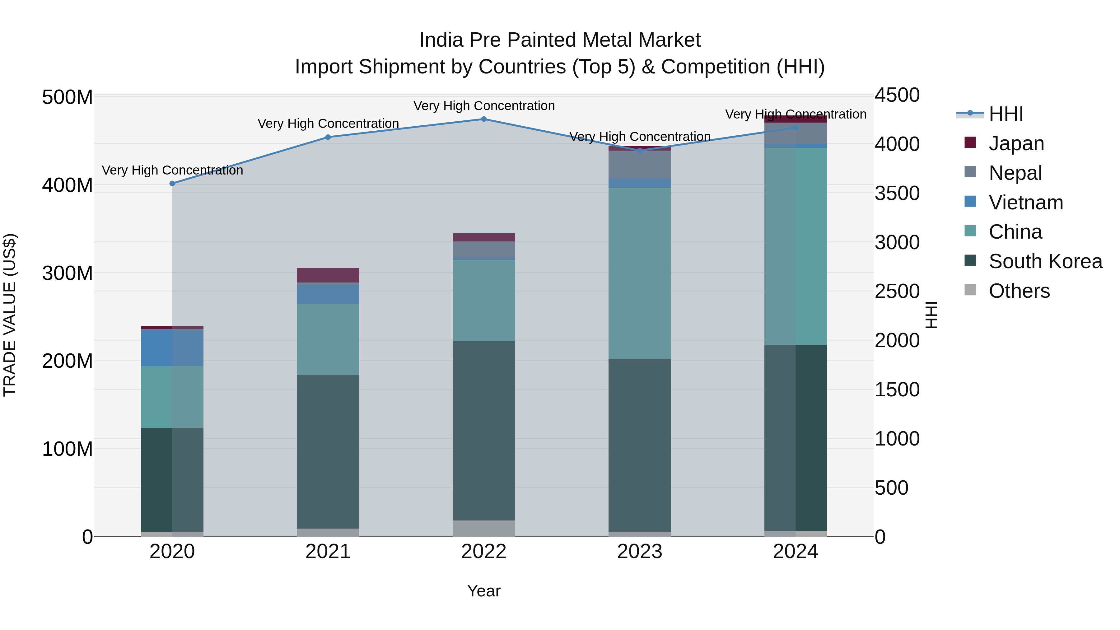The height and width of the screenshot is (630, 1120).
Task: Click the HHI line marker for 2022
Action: [483, 119]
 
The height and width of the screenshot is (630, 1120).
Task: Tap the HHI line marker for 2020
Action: [172, 184]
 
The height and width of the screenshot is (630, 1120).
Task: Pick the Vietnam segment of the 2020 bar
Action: [172, 348]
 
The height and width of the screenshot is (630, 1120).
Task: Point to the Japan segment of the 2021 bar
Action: [328, 275]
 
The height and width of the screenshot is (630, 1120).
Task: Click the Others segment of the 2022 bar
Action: [483, 528]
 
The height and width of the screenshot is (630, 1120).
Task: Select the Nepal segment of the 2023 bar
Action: [640, 164]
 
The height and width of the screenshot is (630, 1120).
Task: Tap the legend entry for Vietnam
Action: [1025, 203]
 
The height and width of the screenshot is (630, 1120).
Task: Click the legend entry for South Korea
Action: [1045, 262]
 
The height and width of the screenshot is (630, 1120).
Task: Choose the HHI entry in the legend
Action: [1005, 114]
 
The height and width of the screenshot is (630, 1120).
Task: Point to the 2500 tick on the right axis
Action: [897, 291]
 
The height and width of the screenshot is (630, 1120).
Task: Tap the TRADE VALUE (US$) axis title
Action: [10, 315]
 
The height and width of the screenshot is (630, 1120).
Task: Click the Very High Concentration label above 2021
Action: [328, 124]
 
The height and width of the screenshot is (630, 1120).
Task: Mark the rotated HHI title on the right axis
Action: [931, 315]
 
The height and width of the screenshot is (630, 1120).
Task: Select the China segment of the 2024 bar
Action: [795, 246]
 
